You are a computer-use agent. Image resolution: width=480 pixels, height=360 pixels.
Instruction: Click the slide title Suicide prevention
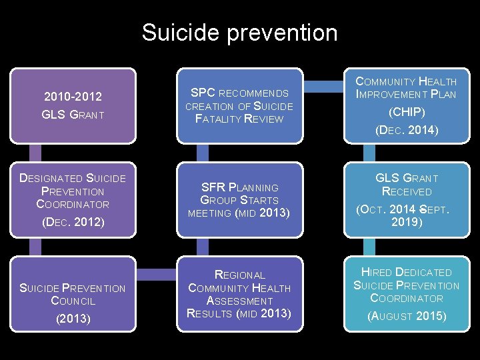pos(239,32)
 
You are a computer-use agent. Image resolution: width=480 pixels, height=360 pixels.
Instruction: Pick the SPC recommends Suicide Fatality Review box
pos(239,106)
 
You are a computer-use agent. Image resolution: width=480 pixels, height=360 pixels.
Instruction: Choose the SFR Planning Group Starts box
pos(239,199)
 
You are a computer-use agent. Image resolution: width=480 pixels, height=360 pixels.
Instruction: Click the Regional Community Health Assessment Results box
pos(239,293)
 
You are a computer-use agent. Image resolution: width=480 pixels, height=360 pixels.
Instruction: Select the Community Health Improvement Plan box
pos(406,106)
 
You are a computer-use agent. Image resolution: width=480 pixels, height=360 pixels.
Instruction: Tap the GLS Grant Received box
pos(406,199)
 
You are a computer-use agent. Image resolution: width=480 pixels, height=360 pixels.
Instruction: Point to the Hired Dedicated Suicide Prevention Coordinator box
pos(406,293)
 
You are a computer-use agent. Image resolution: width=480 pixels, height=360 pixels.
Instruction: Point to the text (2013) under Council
pos(73,319)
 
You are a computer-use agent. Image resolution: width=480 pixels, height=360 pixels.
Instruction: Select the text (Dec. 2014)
pos(406,130)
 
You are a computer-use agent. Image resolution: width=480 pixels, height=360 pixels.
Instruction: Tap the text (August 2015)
pos(406,316)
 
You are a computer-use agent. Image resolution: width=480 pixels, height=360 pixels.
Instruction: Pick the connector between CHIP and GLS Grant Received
pos(406,153)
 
